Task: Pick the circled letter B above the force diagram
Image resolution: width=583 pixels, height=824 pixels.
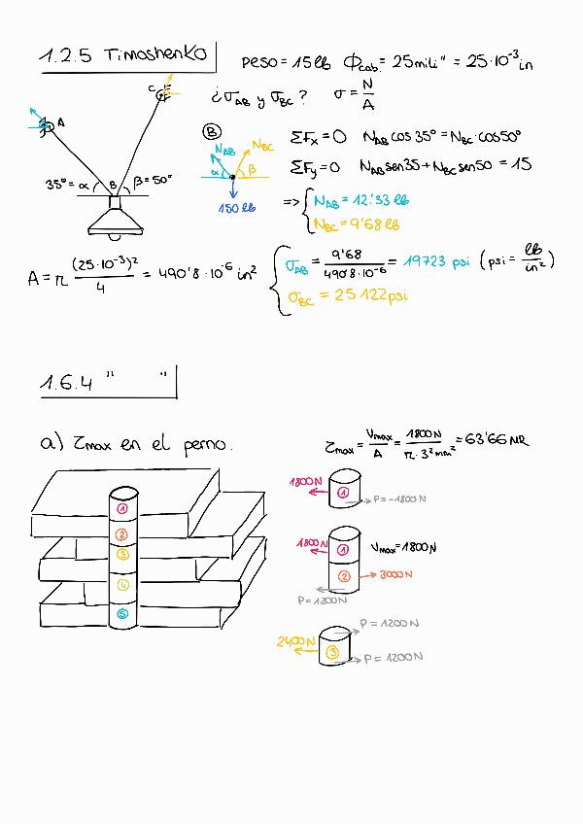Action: [x=212, y=133]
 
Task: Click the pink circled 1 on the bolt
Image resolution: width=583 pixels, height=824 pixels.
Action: [x=121, y=508]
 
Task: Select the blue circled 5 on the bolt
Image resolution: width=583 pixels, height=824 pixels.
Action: [x=121, y=614]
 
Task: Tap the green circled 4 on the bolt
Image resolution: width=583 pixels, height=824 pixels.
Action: [x=121, y=585]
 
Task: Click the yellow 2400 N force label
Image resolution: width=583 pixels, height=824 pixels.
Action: [x=294, y=641]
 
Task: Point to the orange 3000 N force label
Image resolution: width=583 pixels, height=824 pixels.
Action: [x=399, y=574]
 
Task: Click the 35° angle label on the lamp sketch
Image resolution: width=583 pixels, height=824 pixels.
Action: [x=59, y=183]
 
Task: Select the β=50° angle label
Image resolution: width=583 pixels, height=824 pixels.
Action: [x=152, y=180]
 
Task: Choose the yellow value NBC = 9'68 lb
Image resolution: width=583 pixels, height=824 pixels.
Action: [x=358, y=225]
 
